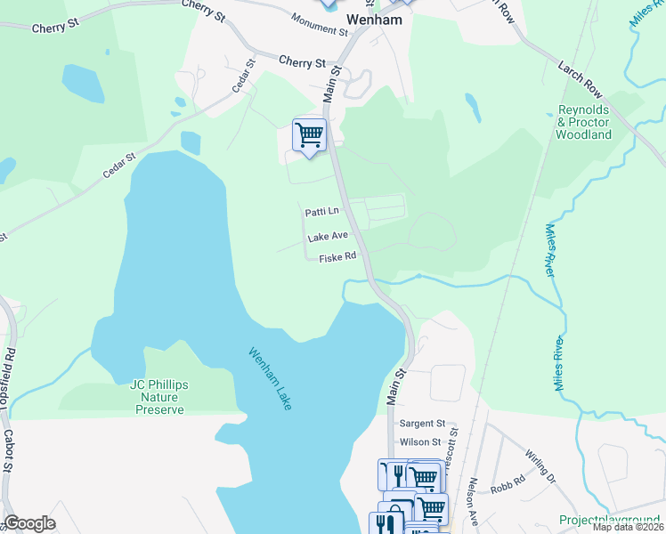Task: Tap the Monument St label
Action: click(x=319, y=24)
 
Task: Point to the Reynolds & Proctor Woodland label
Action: click(x=583, y=122)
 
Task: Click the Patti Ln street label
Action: click(x=321, y=212)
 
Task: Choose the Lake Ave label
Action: click(x=327, y=238)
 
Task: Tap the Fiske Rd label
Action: click(x=337, y=256)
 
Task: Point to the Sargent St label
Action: click(x=422, y=424)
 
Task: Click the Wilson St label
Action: click(x=421, y=441)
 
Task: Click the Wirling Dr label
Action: click(x=540, y=465)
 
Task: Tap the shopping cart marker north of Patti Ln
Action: click(x=309, y=135)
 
